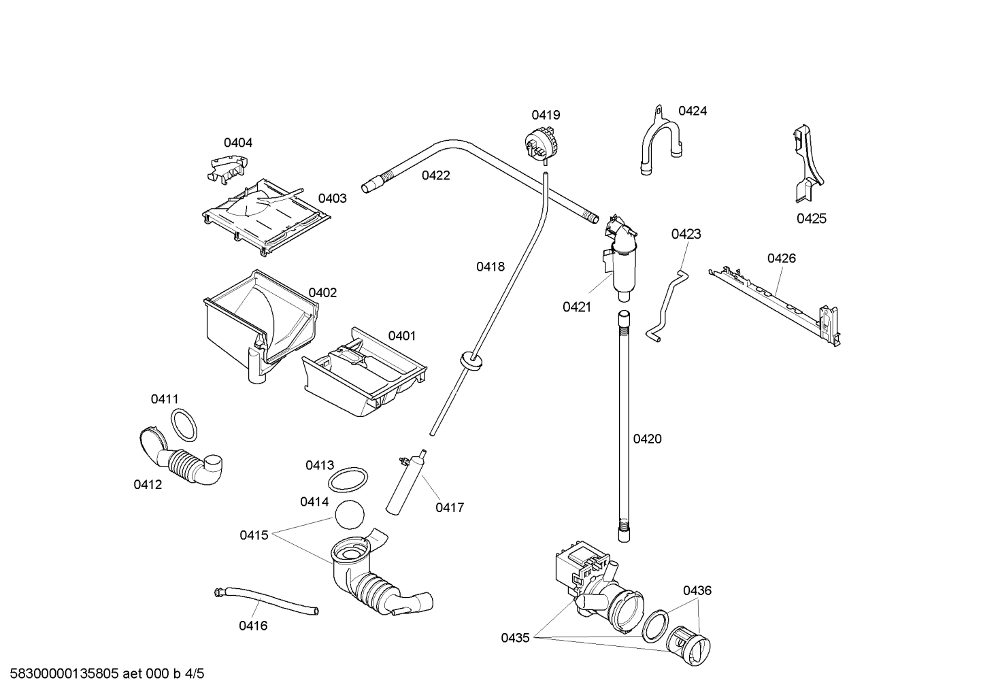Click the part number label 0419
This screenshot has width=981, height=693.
pyautogui.click(x=546, y=115)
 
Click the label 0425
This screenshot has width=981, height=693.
pyautogui.click(x=811, y=218)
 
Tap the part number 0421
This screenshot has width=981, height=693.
pyautogui.click(x=576, y=307)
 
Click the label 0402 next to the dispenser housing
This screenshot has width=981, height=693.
pyautogui.click(x=322, y=292)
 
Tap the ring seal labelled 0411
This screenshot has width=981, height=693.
pyautogui.click(x=183, y=426)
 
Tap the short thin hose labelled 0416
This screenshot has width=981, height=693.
pyautogui.click(x=265, y=601)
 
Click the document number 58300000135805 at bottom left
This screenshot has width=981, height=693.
pyautogui.click(x=61, y=674)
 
